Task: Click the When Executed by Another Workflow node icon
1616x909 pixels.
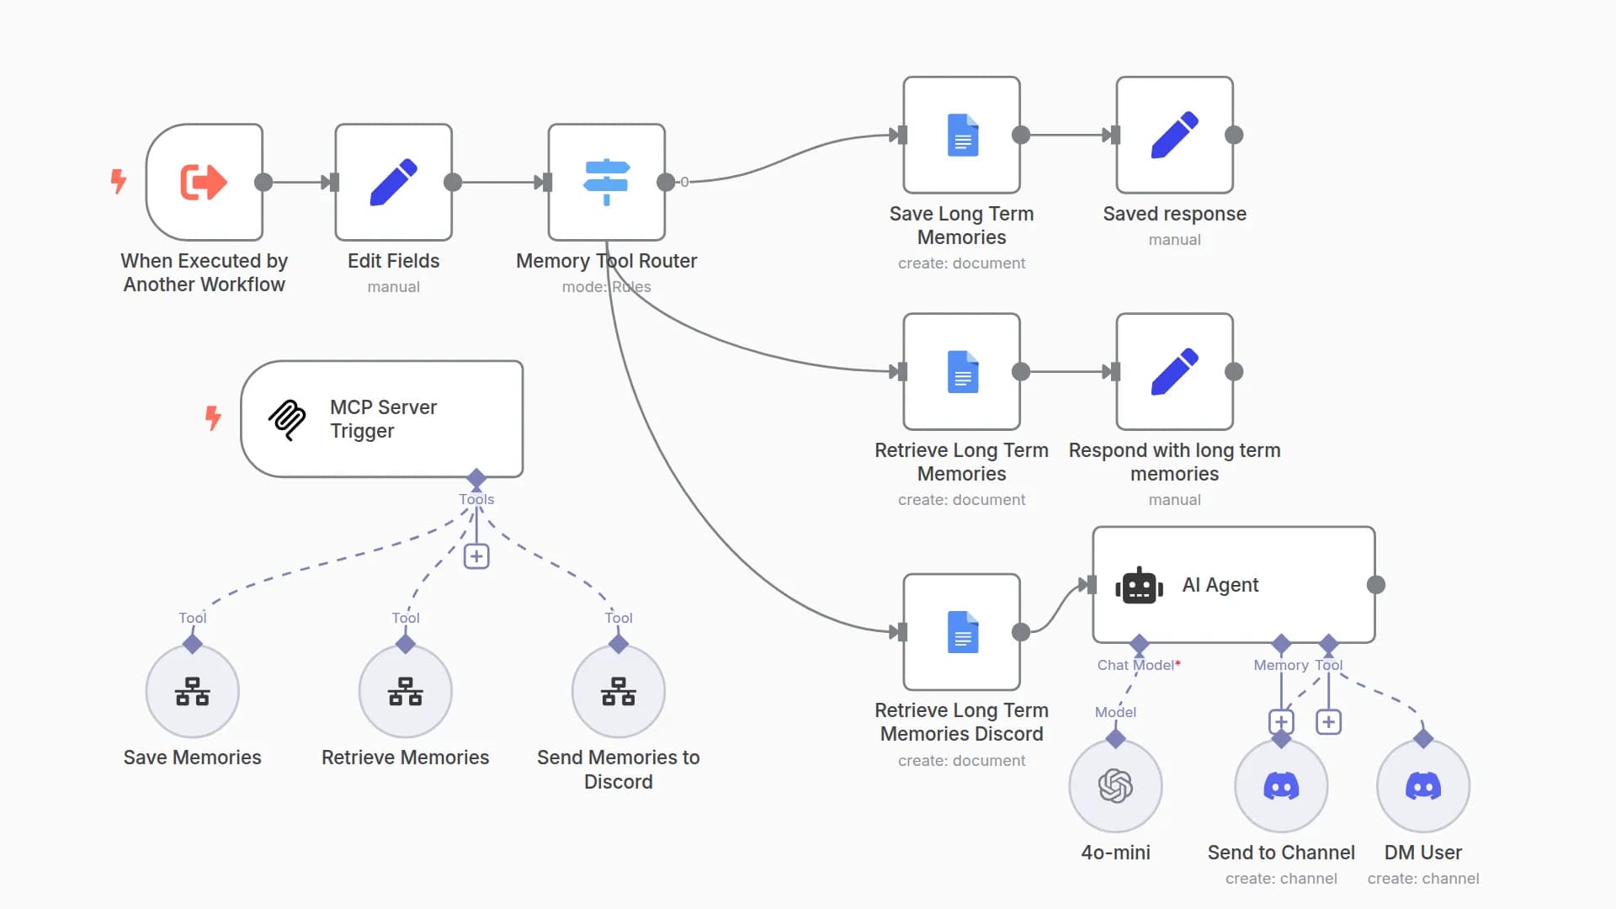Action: click(204, 182)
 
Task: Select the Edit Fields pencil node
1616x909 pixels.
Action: click(393, 182)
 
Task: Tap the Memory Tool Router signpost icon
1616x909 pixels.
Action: click(606, 182)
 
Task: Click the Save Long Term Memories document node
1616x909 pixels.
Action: click(961, 135)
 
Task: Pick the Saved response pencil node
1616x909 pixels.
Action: click(1174, 135)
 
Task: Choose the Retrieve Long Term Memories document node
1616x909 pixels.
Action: click(961, 371)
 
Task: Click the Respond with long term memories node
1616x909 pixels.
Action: click(1174, 371)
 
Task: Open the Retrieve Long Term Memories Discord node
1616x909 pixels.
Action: click(961, 632)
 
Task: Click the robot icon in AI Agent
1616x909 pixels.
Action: click(1139, 585)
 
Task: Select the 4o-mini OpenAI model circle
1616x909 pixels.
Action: click(1115, 786)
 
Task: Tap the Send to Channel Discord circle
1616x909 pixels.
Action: click(1281, 786)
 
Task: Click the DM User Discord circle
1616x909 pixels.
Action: click(1422, 786)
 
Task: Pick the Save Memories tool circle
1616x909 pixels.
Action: click(192, 692)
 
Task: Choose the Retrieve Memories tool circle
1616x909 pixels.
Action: click(405, 692)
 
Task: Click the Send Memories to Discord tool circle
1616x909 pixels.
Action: click(618, 692)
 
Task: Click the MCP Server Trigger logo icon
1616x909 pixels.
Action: click(287, 419)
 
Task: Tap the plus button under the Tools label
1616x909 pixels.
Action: click(476, 556)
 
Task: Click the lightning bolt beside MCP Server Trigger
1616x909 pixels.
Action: click(213, 417)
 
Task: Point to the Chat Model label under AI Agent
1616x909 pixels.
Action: click(1135, 665)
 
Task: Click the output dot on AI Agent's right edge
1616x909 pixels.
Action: click(1376, 585)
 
